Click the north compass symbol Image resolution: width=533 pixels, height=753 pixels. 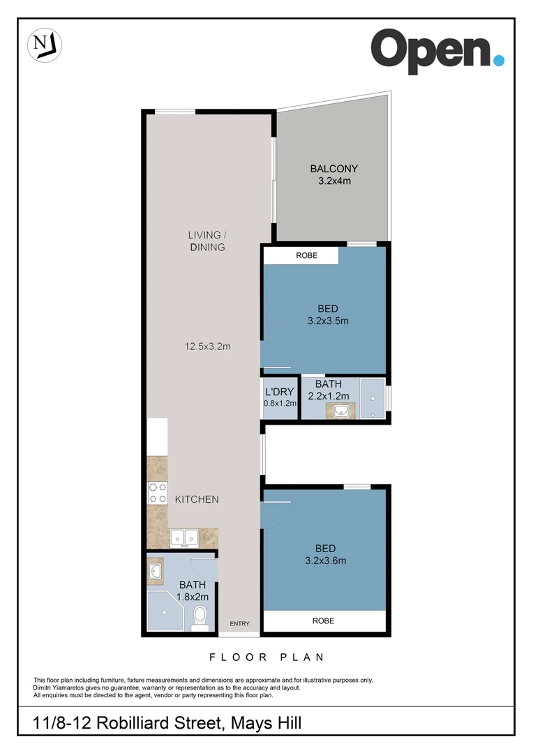(45, 45)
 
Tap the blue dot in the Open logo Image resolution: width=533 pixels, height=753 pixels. (498, 60)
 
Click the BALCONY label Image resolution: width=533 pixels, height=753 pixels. (333, 169)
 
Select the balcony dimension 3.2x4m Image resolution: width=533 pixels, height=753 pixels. (333, 181)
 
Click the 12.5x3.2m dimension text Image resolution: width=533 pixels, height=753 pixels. (207, 346)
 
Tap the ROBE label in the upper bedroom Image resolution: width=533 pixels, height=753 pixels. (306, 256)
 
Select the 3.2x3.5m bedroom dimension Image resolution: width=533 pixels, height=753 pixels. (327, 321)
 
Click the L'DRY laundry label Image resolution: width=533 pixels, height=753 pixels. (280, 392)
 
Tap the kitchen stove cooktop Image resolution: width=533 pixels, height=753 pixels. (157, 493)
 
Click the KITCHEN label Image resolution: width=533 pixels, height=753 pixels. (197, 499)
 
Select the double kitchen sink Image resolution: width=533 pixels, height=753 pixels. (184, 538)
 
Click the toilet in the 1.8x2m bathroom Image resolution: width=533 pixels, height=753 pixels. (200, 617)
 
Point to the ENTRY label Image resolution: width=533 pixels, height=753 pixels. (239, 623)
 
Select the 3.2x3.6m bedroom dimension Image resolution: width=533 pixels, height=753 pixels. (326, 560)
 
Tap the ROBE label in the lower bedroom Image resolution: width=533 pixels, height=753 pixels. (323, 621)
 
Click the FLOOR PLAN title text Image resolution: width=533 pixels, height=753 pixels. (266, 657)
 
